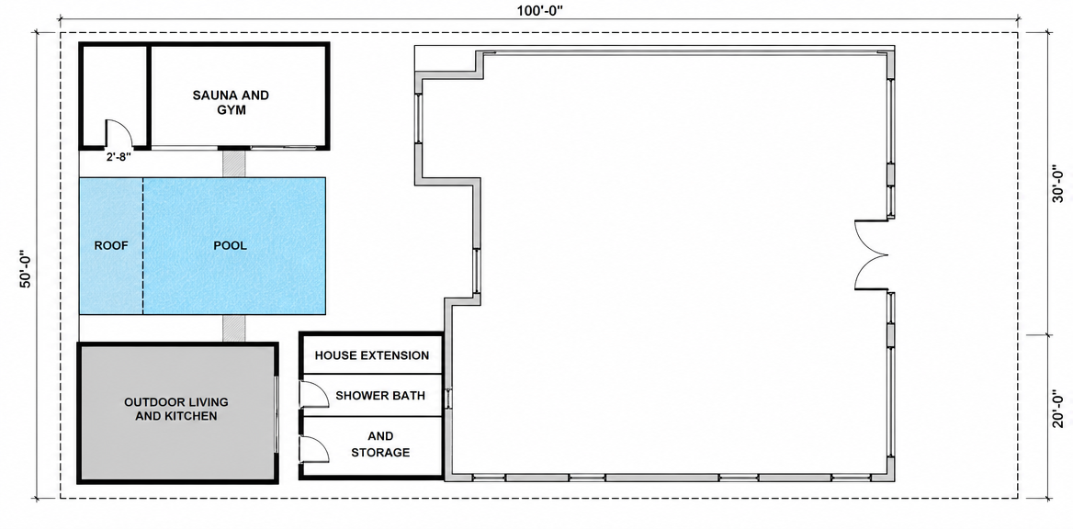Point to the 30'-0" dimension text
(1058, 184)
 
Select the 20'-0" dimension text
(1058, 409)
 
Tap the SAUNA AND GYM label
(231, 102)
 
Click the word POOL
(230, 246)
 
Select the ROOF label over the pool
(111, 246)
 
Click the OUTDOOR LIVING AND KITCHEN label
(175, 409)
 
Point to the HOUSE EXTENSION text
(371, 355)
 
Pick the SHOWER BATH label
(379, 396)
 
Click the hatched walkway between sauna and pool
(233, 163)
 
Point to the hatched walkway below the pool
(233, 328)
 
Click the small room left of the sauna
(114, 96)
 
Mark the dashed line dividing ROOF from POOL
(143, 246)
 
